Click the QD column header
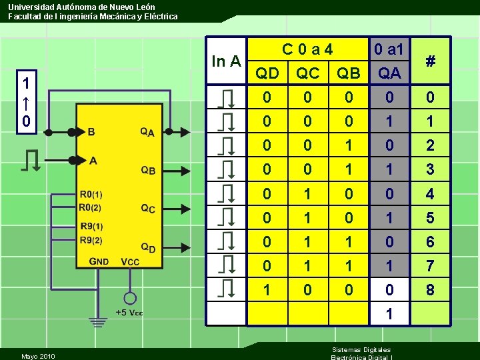point(267,73)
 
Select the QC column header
point(307,73)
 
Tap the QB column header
point(348,73)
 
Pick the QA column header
point(389,73)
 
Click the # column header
point(431,61)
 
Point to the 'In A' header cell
point(226,61)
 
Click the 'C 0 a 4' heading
point(307,49)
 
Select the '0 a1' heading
point(389,49)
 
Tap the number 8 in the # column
point(431,291)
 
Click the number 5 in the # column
point(431,218)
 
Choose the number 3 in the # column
point(431,169)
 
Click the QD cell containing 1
point(267,291)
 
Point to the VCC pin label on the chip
point(130,262)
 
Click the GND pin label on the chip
point(99,261)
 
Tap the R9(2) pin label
point(91,240)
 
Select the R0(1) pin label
point(91,195)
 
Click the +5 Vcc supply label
point(129,313)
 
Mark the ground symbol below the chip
point(98,322)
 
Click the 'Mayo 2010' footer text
point(38,356)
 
